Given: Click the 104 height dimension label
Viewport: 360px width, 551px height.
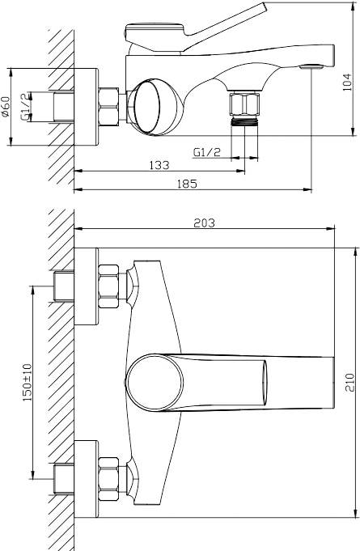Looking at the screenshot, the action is [347, 83].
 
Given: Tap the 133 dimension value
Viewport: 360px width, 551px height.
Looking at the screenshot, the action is [159, 165].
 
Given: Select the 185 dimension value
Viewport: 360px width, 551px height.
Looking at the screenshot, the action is [187, 184].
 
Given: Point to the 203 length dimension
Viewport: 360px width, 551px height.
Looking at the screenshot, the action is [204, 223].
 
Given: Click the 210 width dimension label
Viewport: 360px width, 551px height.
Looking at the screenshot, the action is [350, 383].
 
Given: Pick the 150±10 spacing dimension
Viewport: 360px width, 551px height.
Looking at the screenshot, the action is [28, 382].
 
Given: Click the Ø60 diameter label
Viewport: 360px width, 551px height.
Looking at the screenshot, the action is [6, 107].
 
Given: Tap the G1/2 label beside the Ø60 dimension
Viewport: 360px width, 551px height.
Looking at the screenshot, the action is [24, 107].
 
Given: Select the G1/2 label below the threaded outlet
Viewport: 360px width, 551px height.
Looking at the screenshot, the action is [207, 152].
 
